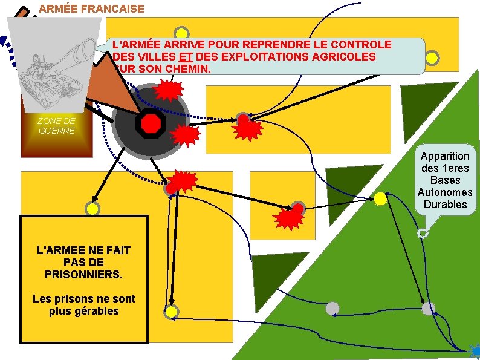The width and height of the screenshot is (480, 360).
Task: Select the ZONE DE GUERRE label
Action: pyautogui.click(x=56, y=126)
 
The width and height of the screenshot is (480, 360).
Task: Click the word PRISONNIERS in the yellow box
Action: pyautogui.click(x=83, y=274)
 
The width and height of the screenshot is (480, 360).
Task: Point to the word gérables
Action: pyautogui.click(x=84, y=311)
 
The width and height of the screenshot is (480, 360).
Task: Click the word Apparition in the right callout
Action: pyautogui.click(x=446, y=156)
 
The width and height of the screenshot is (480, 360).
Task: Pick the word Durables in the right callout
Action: pyautogui.click(x=446, y=204)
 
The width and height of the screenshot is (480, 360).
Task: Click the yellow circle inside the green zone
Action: pyautogui.click(x=380, y=198)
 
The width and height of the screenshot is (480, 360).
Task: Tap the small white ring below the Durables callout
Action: pyautogui.click(x=423, y=233)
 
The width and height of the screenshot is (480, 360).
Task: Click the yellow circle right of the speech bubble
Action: pyautogui.click(x=432, y=58)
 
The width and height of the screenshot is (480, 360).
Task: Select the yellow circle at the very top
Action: pyautogui.click(x=181, y=34)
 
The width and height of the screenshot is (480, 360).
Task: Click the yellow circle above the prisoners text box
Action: pyautogui.click(x=92, y=209)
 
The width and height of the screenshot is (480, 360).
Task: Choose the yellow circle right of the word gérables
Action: pyautogui.click(x=171, y=312)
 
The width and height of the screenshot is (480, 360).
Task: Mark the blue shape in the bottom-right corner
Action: pyautogui.click(x=474, y=350)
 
